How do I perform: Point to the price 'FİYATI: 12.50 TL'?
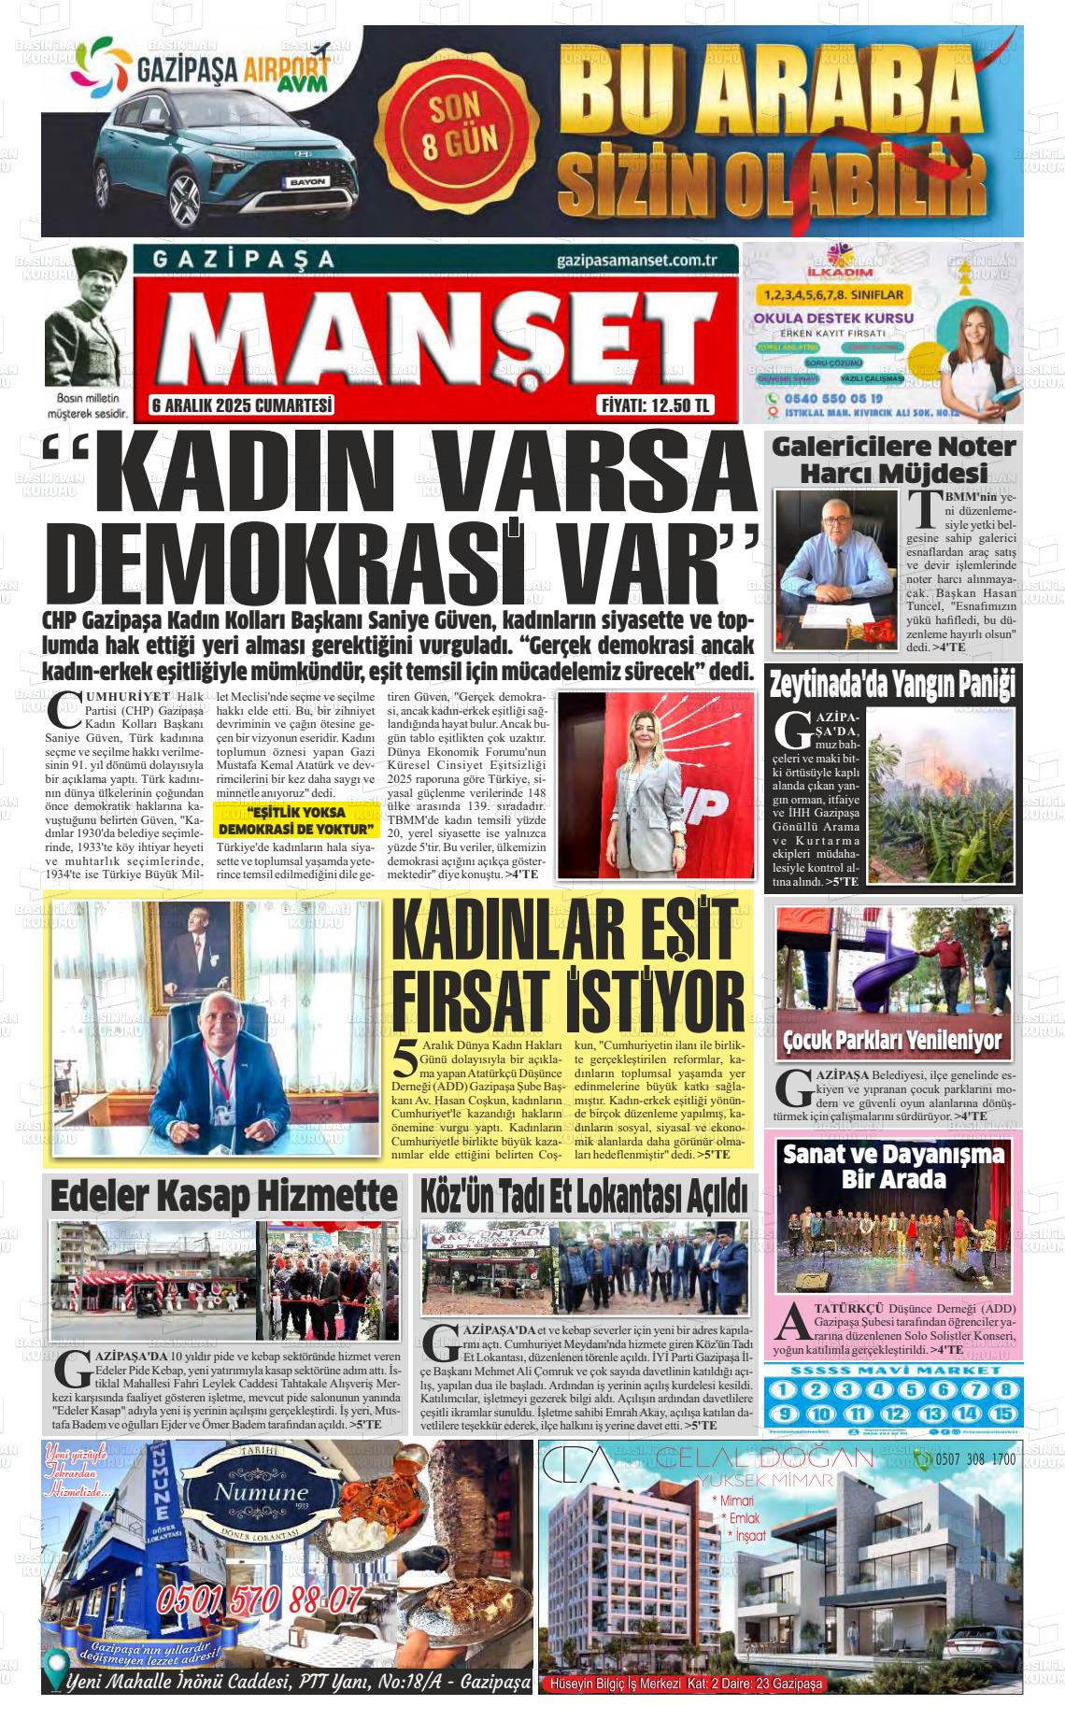(x=655, y=405)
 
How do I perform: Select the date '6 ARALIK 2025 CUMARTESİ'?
(x=242, y=405)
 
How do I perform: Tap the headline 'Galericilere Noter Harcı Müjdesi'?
(x=892, y=460)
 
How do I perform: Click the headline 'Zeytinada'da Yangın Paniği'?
(x=892, y=685)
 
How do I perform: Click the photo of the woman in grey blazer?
(x=655, y=786)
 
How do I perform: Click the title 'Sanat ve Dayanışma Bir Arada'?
(x=893, y=1166)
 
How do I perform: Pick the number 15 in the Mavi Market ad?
(x=1004, y=1414)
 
